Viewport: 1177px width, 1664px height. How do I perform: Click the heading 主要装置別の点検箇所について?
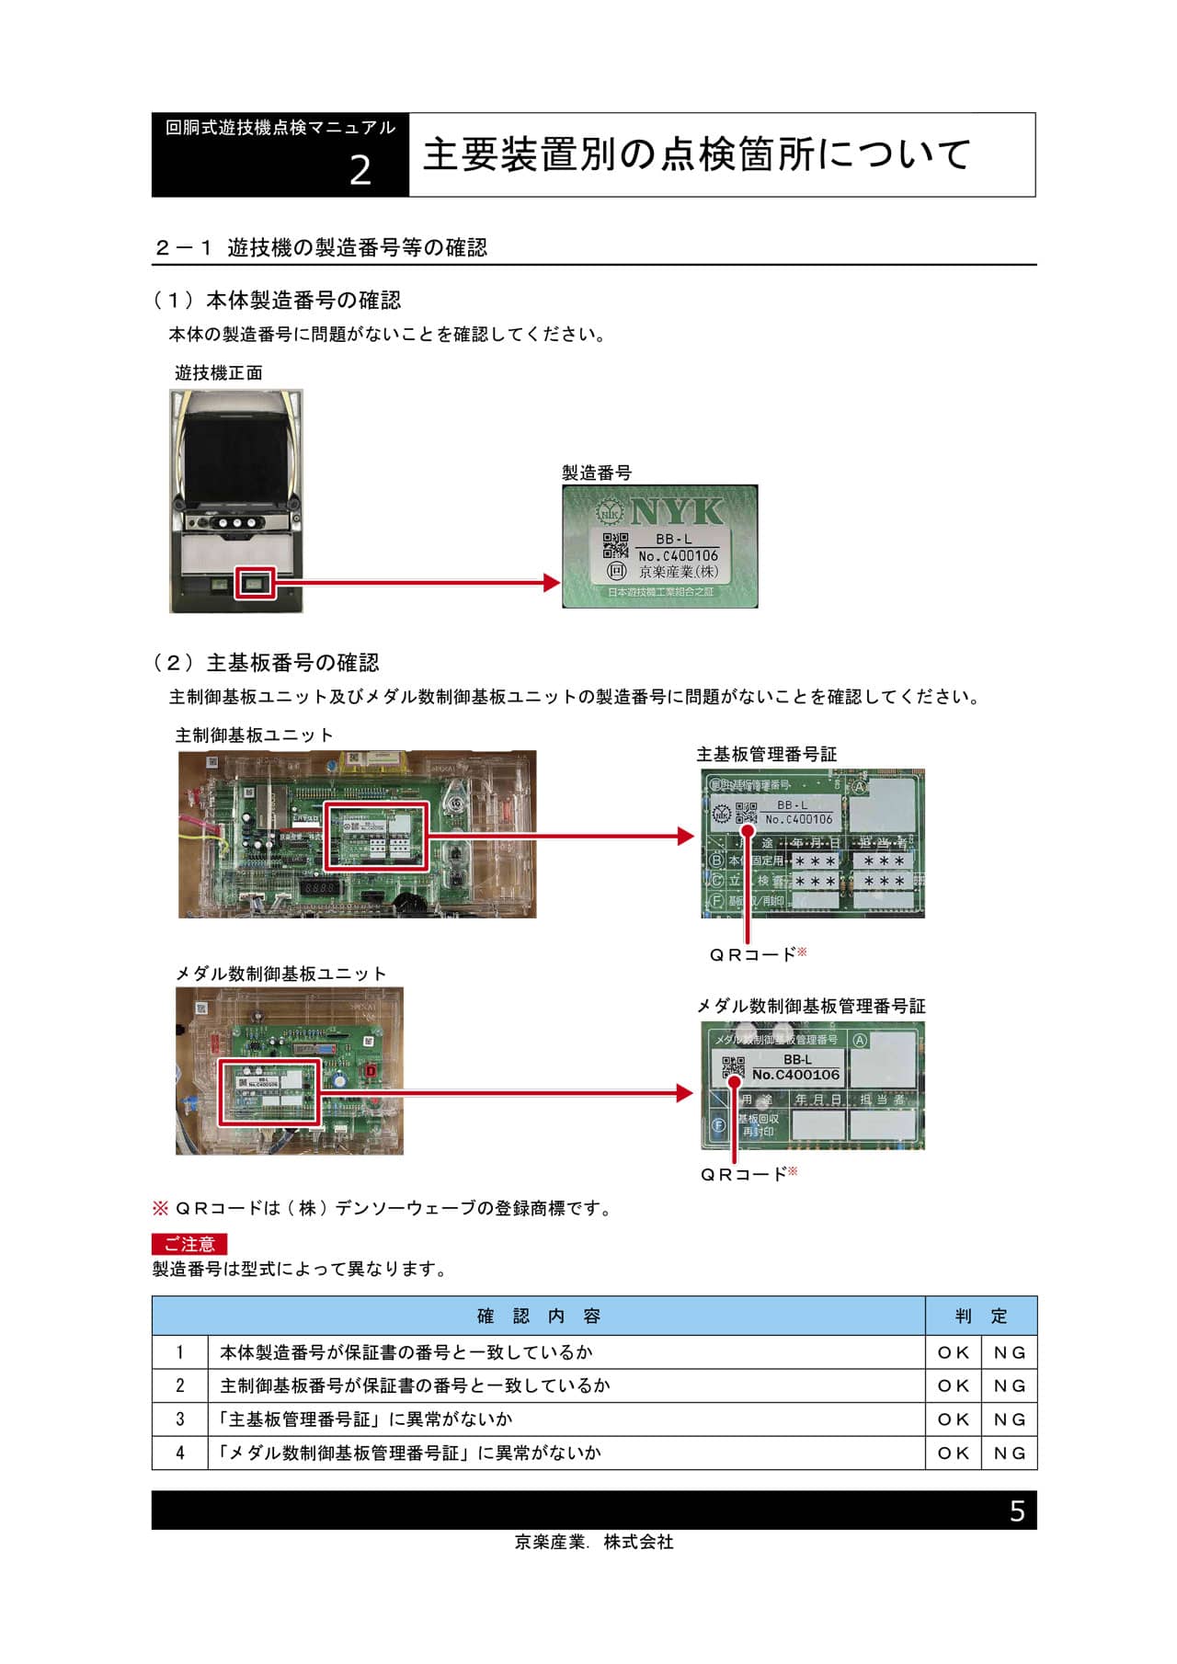click(696, 154)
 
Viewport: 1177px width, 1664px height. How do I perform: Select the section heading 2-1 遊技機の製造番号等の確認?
click(321, 247)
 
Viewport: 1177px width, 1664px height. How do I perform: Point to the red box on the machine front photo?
click(255, 583)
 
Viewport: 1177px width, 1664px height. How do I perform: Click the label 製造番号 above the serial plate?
click(597, 473)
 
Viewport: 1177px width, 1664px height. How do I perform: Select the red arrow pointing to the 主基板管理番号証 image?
click(561, 836)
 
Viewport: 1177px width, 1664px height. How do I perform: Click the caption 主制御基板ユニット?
click(254, 735)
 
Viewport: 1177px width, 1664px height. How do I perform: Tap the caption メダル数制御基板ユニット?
click(280, 974)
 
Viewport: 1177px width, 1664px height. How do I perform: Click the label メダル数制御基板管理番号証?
click(810, 1006)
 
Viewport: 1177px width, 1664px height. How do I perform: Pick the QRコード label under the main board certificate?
click(752, 955)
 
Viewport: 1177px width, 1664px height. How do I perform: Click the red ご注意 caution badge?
click(189, 1244)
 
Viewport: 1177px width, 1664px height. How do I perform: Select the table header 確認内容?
click(538, 1316)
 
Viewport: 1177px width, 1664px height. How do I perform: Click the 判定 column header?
click(980, 1316)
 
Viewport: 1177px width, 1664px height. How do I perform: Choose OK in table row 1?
click(954, 1352)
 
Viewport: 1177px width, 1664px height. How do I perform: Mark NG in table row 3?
click(1009, 1419)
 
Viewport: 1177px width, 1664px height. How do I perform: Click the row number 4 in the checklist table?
click(180, 1453)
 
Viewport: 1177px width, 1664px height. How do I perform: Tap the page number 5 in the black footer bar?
click(1016, 1511)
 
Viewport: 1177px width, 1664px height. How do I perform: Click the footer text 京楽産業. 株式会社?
click(593, 1543)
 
